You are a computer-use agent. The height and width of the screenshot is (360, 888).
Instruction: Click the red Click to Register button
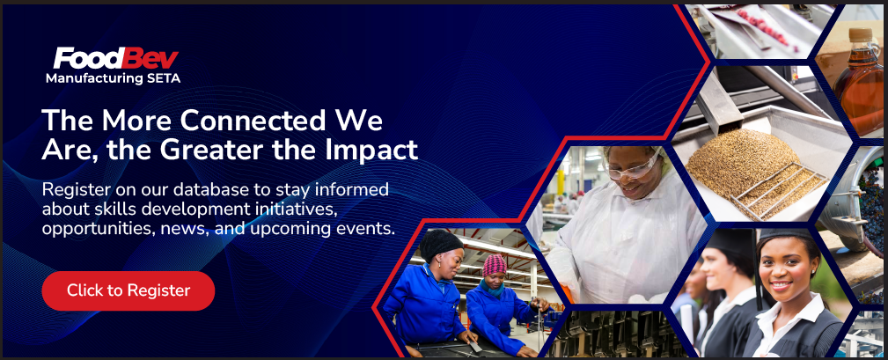pos(128,290)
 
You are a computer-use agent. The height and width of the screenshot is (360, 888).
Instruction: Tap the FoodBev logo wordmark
pos(116,59)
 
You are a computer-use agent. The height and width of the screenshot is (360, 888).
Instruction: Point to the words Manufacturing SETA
pos(114,78)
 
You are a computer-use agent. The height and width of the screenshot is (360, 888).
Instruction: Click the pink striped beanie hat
pos(495,265)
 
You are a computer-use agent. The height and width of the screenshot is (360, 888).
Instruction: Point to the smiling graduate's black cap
pos(784,235)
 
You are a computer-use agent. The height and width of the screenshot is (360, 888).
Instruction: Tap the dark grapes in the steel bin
pos(873,204)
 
